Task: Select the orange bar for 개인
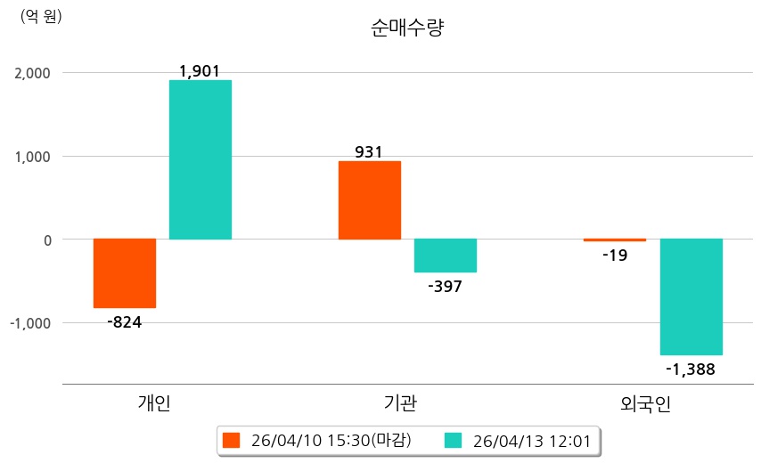coord(125,273)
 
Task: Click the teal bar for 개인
coord(200,160)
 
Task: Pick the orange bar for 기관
coord(370,200)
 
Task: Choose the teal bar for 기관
coord(446,256)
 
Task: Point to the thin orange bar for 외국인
coord(615,240)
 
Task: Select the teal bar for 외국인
coord(691,297)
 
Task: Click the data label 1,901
coord(200,70)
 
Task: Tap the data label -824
coord(124,321)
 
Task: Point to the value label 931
coord(369,151)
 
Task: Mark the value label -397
coord(446,286)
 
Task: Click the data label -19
coord(615,256)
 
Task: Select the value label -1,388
coord(691,368)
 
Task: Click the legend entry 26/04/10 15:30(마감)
coord(317,440)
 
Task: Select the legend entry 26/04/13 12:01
coord(522,440)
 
